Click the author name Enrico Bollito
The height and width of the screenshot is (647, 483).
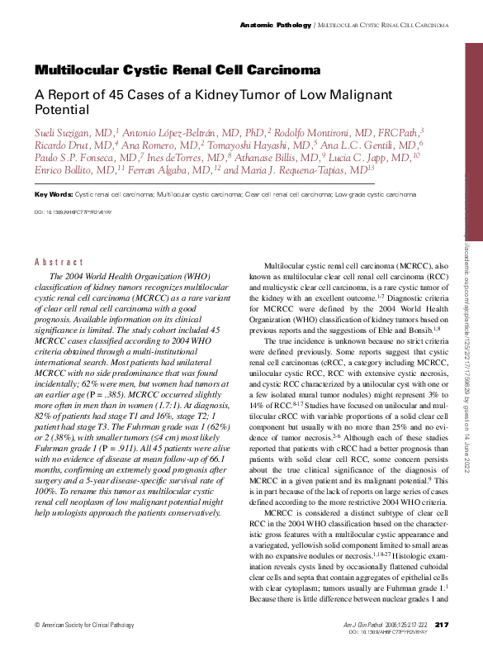point(62,169)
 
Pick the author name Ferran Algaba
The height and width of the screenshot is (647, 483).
point(175,169)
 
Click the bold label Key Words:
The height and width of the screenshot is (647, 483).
point(53,194)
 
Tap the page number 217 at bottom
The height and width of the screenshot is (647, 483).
point(440,624)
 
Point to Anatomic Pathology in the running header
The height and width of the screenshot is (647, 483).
point(275,26)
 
